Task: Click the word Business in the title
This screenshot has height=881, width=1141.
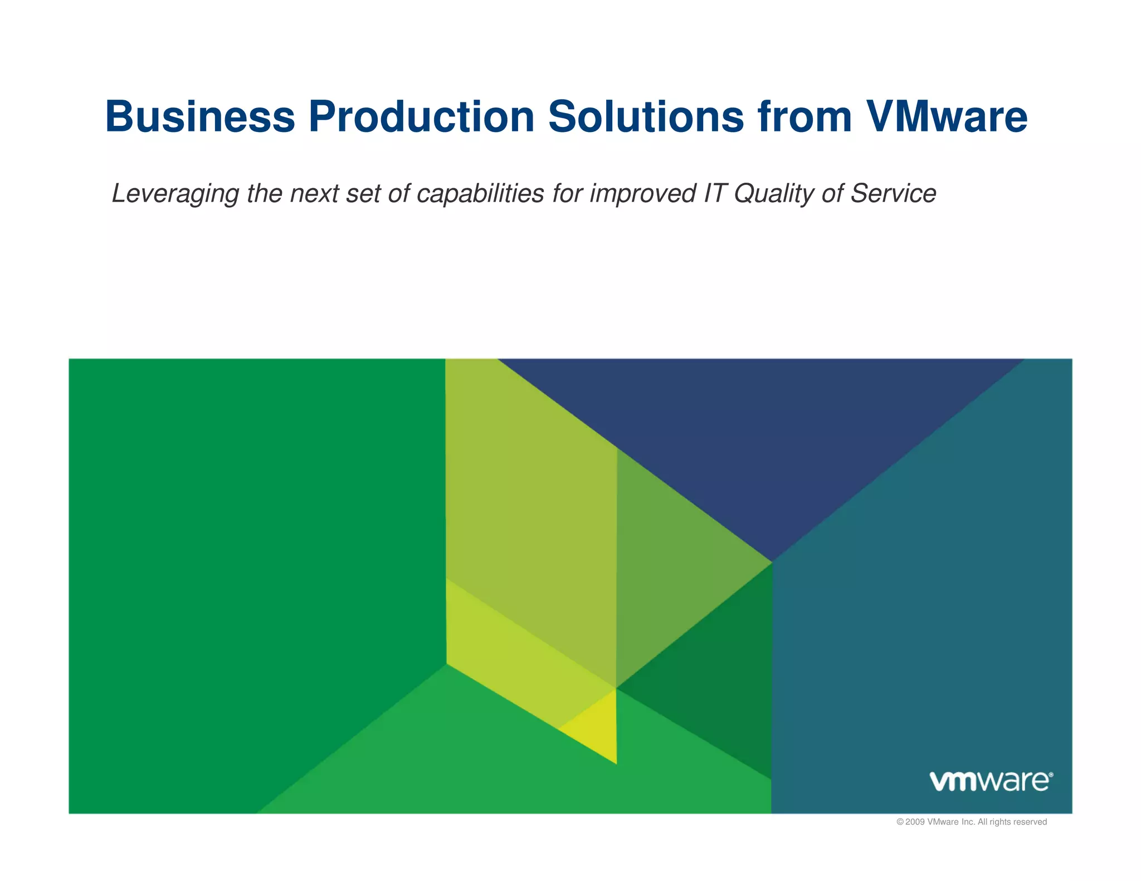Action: [200, 117]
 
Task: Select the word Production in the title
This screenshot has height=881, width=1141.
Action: [422, 117]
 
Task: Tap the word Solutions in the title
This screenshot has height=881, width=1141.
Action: [646, 117]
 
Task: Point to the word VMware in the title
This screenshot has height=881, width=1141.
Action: [947, 117]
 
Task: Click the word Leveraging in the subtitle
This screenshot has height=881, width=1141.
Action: [175, 194]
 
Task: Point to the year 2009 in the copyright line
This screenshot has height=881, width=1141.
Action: [915, 822]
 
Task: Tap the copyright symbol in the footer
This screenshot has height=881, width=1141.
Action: [900, 822]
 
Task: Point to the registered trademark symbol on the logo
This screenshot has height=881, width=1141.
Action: [1051, 775]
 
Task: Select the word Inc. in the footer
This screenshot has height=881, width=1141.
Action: [968, 822]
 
